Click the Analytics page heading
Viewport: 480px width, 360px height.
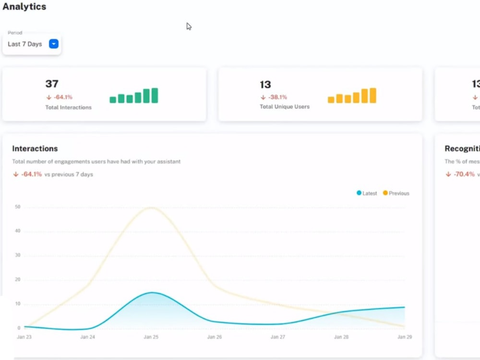pyautogui.click(x=24, y=7)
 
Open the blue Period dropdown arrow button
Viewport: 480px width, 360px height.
pyautogui.click(x=54, y=44)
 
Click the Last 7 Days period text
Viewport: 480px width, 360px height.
pyautogui.click(x=25, y=44)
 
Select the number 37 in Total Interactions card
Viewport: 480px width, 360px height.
pyautogui.click(x=52, y=84)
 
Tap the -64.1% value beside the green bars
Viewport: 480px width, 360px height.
pyautogui.click(x=63, y=97)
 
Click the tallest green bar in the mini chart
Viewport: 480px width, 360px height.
pyautogui.click(x=155, y=96)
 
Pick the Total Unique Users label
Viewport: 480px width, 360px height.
pyautogui.click(x=285, y=107)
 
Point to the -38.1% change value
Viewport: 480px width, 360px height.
pyautogui.click(x=277, y=97)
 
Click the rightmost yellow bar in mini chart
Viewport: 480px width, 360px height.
pyautogui.click(x=373, y=96)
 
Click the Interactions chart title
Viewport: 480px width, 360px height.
pyautogui.click(x=35, y=148)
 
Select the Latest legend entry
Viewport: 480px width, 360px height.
pyautogui.click(x=367, y=193)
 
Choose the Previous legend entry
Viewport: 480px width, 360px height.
pyautogui.click(x=396, y=193)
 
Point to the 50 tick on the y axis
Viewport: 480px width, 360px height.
pyautogui.click(x=18, y=207)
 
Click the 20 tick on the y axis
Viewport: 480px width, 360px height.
pyautogui.click(x=18, y=280)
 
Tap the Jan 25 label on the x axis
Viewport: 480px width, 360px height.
pyautogui.click(x=151, y=337)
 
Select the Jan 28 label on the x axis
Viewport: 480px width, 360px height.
pyautogui.click(x=341, y=337)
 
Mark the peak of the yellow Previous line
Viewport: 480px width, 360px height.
pyautogui.click(x=152, y=207)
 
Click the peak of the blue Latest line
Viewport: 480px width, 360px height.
pyautogui.click(x=152, y=292)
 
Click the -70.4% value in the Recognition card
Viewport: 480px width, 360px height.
pyautogui.click(x=464, y=174)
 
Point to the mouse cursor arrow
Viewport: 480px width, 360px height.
pyautogui.click(x=189, y=26)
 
